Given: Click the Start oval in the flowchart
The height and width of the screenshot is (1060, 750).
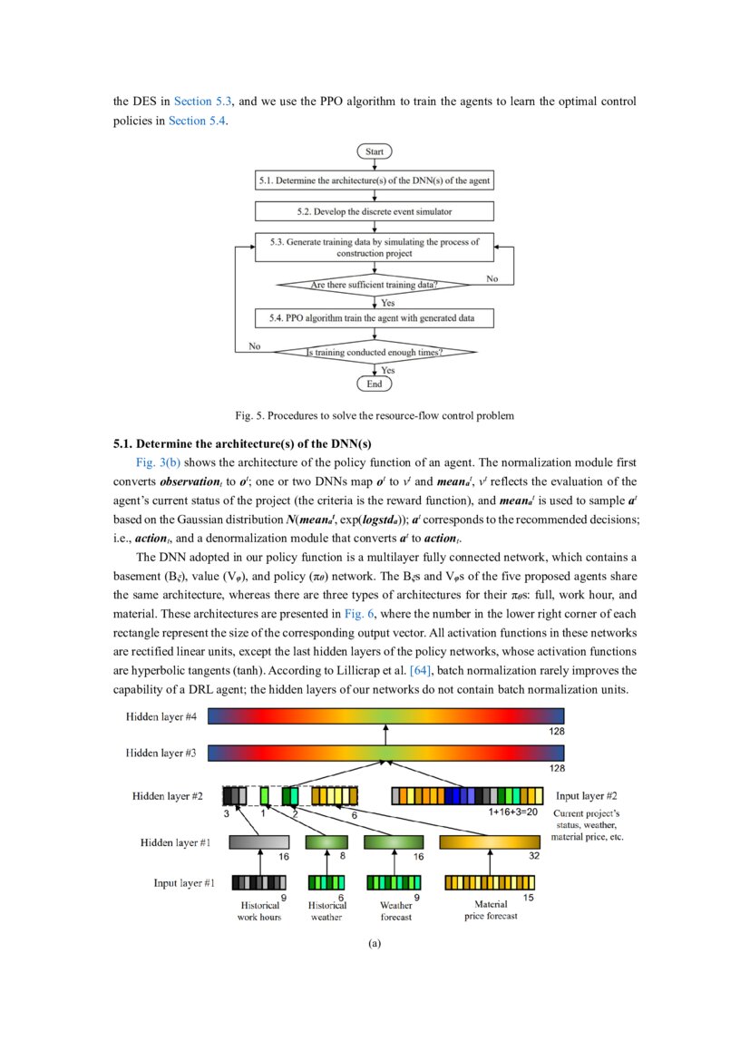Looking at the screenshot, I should [375, 151].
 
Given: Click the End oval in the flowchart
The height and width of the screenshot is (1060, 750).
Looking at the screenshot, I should [375, 384].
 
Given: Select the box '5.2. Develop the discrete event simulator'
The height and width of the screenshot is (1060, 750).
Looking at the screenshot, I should [375, 211].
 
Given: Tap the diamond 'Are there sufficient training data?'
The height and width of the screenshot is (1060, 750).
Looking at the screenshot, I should [375, 285].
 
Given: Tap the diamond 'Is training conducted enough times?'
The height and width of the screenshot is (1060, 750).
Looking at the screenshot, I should [375, 352].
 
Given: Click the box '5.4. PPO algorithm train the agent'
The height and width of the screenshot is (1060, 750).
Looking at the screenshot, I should [375, 318].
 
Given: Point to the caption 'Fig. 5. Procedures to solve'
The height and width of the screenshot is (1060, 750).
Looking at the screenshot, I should [375, 416].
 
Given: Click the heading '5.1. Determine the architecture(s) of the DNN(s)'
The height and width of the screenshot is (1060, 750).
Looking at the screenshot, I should [242, 444].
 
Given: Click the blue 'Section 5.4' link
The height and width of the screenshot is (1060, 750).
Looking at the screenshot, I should [198, 122].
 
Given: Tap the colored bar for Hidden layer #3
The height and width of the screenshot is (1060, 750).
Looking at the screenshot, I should [386, 753].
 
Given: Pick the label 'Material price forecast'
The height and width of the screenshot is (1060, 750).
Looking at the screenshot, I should [491, 909].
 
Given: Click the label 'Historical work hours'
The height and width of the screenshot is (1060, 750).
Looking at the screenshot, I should [259, 910].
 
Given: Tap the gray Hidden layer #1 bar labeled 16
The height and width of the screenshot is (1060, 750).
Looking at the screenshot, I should [259, 842].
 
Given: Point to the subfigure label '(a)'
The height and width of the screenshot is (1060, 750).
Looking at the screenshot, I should [375, 944].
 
